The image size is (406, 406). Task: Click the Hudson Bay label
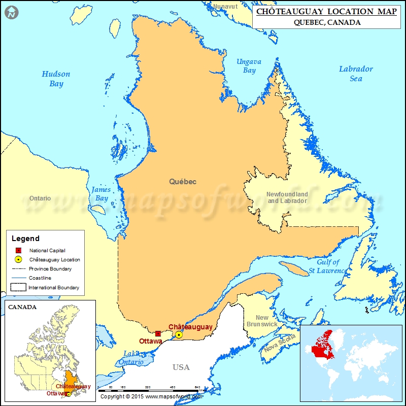click(56, 79)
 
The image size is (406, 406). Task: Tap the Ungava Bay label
click(249, 66)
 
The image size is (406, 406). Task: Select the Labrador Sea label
click(356, 74)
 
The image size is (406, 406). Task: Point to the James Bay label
click(101, 194)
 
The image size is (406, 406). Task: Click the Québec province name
click(183, 181)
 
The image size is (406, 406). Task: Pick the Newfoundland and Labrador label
click(287, 197)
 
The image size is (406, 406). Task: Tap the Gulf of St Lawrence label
click(328, 266)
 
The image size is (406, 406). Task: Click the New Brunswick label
click(262, 321)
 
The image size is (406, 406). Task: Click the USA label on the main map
click(181, 367)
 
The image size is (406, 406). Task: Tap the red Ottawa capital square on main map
click(158, 333)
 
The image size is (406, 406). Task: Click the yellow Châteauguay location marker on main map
click(179, 334)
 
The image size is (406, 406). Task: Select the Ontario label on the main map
click(40, 198)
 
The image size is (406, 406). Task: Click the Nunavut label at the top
click(225, 6)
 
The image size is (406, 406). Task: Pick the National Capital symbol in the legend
click(18, 250)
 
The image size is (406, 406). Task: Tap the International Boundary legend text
click(54, 288)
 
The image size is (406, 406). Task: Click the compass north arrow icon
click(11, 12)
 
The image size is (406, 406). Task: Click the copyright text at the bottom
click(151, 396)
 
